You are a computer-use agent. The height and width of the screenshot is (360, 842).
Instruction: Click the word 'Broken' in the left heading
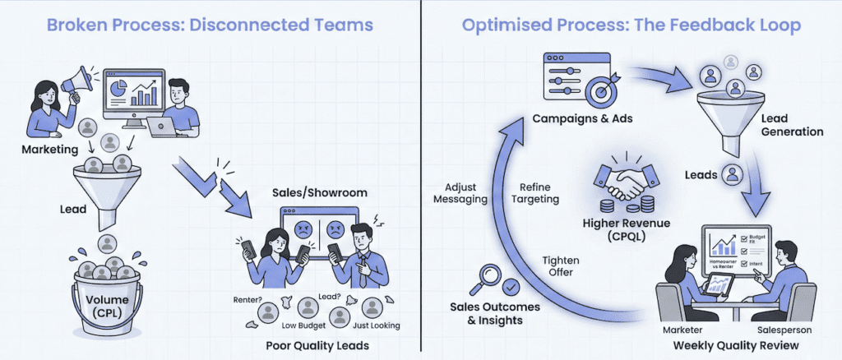point(77,25)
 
